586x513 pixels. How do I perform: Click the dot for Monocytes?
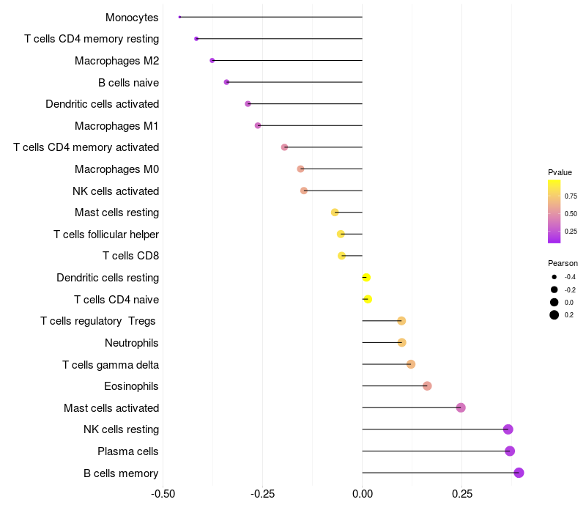tap(179, 17)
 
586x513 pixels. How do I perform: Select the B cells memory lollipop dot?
tap(519, 473)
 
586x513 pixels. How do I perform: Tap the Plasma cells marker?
tap(510, 451)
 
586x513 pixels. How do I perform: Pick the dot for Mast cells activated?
tap(461, 407)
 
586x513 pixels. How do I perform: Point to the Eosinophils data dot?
tap(427, 386)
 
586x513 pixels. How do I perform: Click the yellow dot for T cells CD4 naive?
tap(368, 299)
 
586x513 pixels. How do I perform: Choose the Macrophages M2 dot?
tap(212, 60)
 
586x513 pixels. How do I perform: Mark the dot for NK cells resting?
tap(508, 429)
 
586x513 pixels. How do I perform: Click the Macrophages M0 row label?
tap(116, 169)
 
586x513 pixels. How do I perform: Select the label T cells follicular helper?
tap(106, 235)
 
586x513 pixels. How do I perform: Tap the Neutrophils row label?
tap(132, 343)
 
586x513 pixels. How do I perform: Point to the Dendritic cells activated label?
tap(102, 104)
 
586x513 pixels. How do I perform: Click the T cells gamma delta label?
tap(111, 364)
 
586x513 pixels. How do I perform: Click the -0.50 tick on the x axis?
tap(163, 494)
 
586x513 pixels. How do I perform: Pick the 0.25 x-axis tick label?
tap(462, 494)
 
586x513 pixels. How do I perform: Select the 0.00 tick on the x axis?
tap(363, 494)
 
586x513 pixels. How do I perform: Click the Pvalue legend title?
tap(560, 172)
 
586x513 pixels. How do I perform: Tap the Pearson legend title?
tap(563, 263)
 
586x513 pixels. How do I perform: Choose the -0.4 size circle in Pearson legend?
tap(555, 277)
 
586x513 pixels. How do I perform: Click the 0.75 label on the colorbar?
tap(571, 196)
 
